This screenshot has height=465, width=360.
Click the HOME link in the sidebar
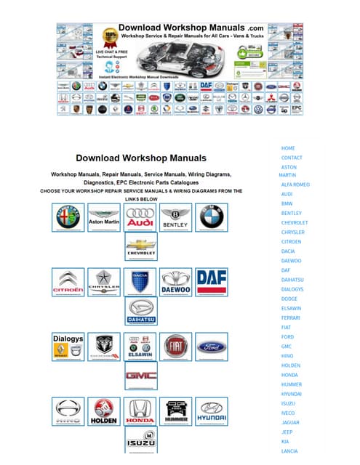coord(288,148)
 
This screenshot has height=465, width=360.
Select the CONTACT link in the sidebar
coord(292,158)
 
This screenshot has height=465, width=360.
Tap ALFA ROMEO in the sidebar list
coord(295,185)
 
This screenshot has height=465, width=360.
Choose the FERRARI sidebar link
coord(291,318)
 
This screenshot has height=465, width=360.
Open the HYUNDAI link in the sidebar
coord(292,394)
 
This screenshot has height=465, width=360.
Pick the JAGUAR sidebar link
coord(290,422)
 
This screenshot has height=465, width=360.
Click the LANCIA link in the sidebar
coord(289,450)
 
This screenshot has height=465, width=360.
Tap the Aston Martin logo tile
coord(104,217)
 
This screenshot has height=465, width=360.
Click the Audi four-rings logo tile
coord(140,217)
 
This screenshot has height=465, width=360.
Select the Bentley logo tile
coord(175,217)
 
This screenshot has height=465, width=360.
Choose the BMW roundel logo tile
coord(212,217)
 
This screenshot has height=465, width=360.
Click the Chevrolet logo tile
coord(140,248)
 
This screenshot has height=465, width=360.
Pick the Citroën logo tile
coord(68,283)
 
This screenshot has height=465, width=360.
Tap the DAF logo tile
coord(212,283)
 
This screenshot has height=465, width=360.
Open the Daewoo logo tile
coord(175,283)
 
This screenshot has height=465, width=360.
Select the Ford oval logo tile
coord(212,347)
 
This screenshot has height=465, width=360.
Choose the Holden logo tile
coord(104,411)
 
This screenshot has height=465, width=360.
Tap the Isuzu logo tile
coord(140,440)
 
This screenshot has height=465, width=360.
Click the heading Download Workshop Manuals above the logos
coord(141,158)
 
